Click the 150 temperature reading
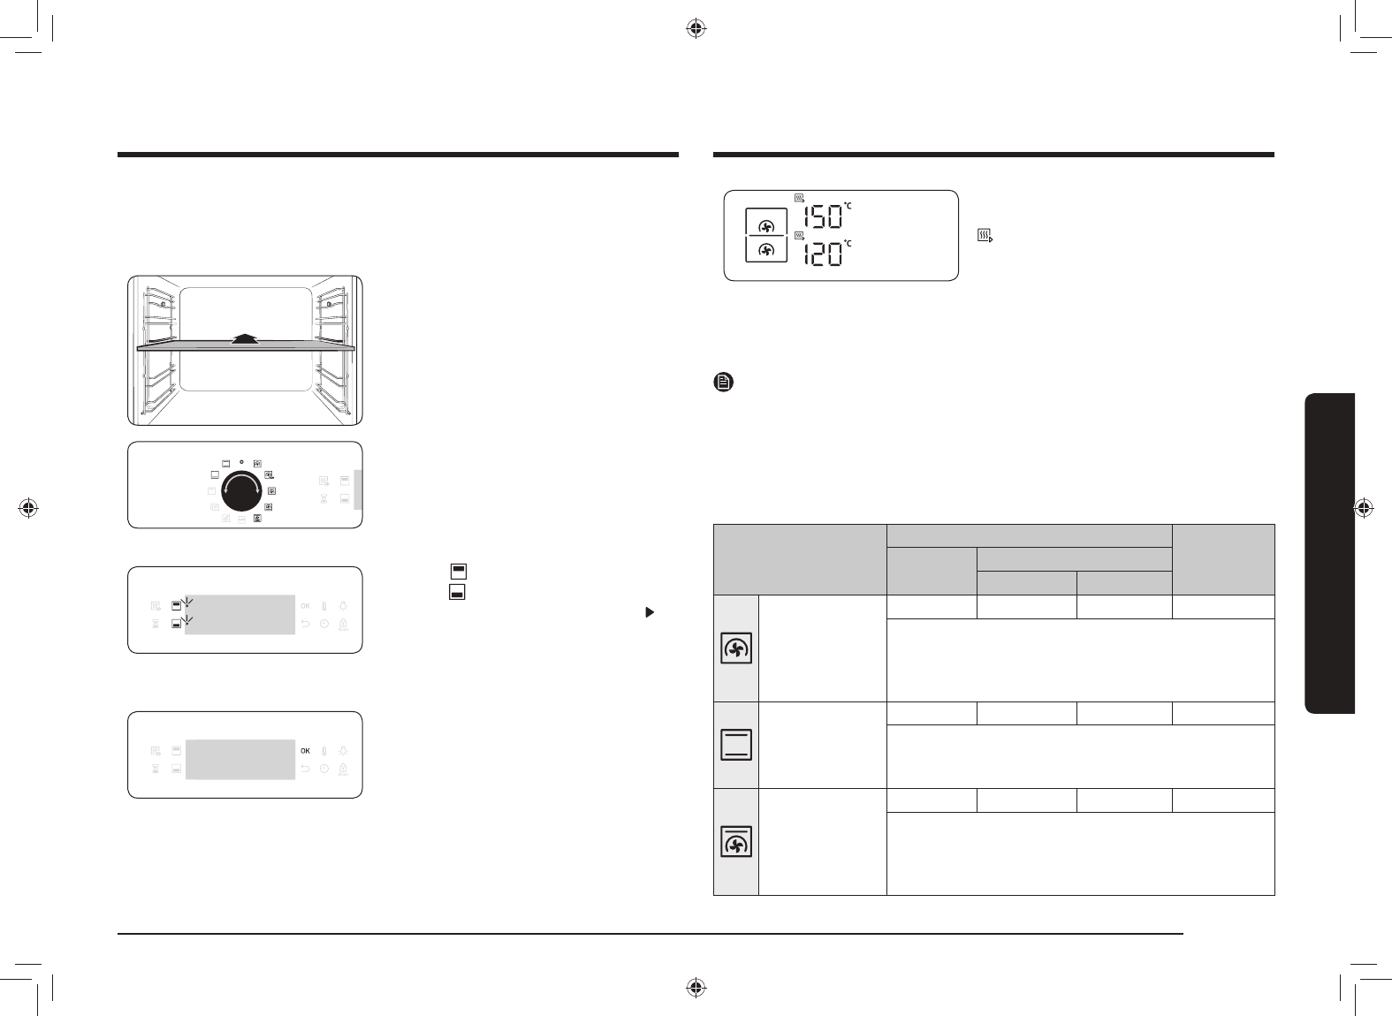click(824, 217)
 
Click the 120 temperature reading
click(824, 254)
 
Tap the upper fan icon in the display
click(766, 226)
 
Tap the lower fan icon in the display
click(766, 250)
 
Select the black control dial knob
click(242, 491)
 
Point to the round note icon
click(723, 382)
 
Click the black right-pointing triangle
click(650, 612)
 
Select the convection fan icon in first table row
click(736, 648)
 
